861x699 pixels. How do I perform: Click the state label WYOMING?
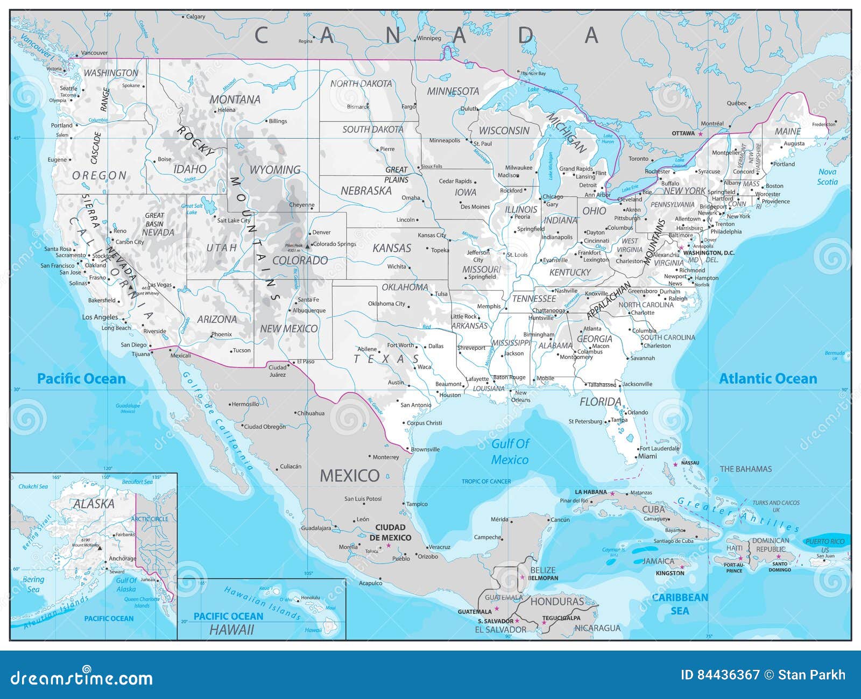point(274,170)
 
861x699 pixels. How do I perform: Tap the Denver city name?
point(321,232)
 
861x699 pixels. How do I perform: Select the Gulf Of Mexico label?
point(510,451)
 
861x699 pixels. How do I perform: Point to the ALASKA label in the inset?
point(94,504)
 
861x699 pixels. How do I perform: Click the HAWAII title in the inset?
point(231,630)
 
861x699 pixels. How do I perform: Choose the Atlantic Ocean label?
point(768,379)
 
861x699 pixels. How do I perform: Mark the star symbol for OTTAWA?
point(701,133)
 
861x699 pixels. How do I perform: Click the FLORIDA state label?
point(600,402)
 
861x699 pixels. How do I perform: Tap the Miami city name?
point(647,456)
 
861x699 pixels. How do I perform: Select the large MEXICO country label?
point(350,476)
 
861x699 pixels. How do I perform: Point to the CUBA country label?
point(653,509)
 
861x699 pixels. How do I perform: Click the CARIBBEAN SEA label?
point(680,604)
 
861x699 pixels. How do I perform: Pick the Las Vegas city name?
point(160,285)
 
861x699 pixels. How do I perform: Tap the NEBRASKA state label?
point(366,191)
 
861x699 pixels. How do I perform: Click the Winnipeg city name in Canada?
point(429,38)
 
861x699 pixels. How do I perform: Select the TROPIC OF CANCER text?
point(486,482)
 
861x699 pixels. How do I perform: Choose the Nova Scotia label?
point(827,176)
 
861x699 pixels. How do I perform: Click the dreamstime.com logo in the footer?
point(82,678)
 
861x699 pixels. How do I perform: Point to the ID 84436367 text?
point(720,675)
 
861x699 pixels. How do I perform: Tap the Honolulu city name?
point(310,598)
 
